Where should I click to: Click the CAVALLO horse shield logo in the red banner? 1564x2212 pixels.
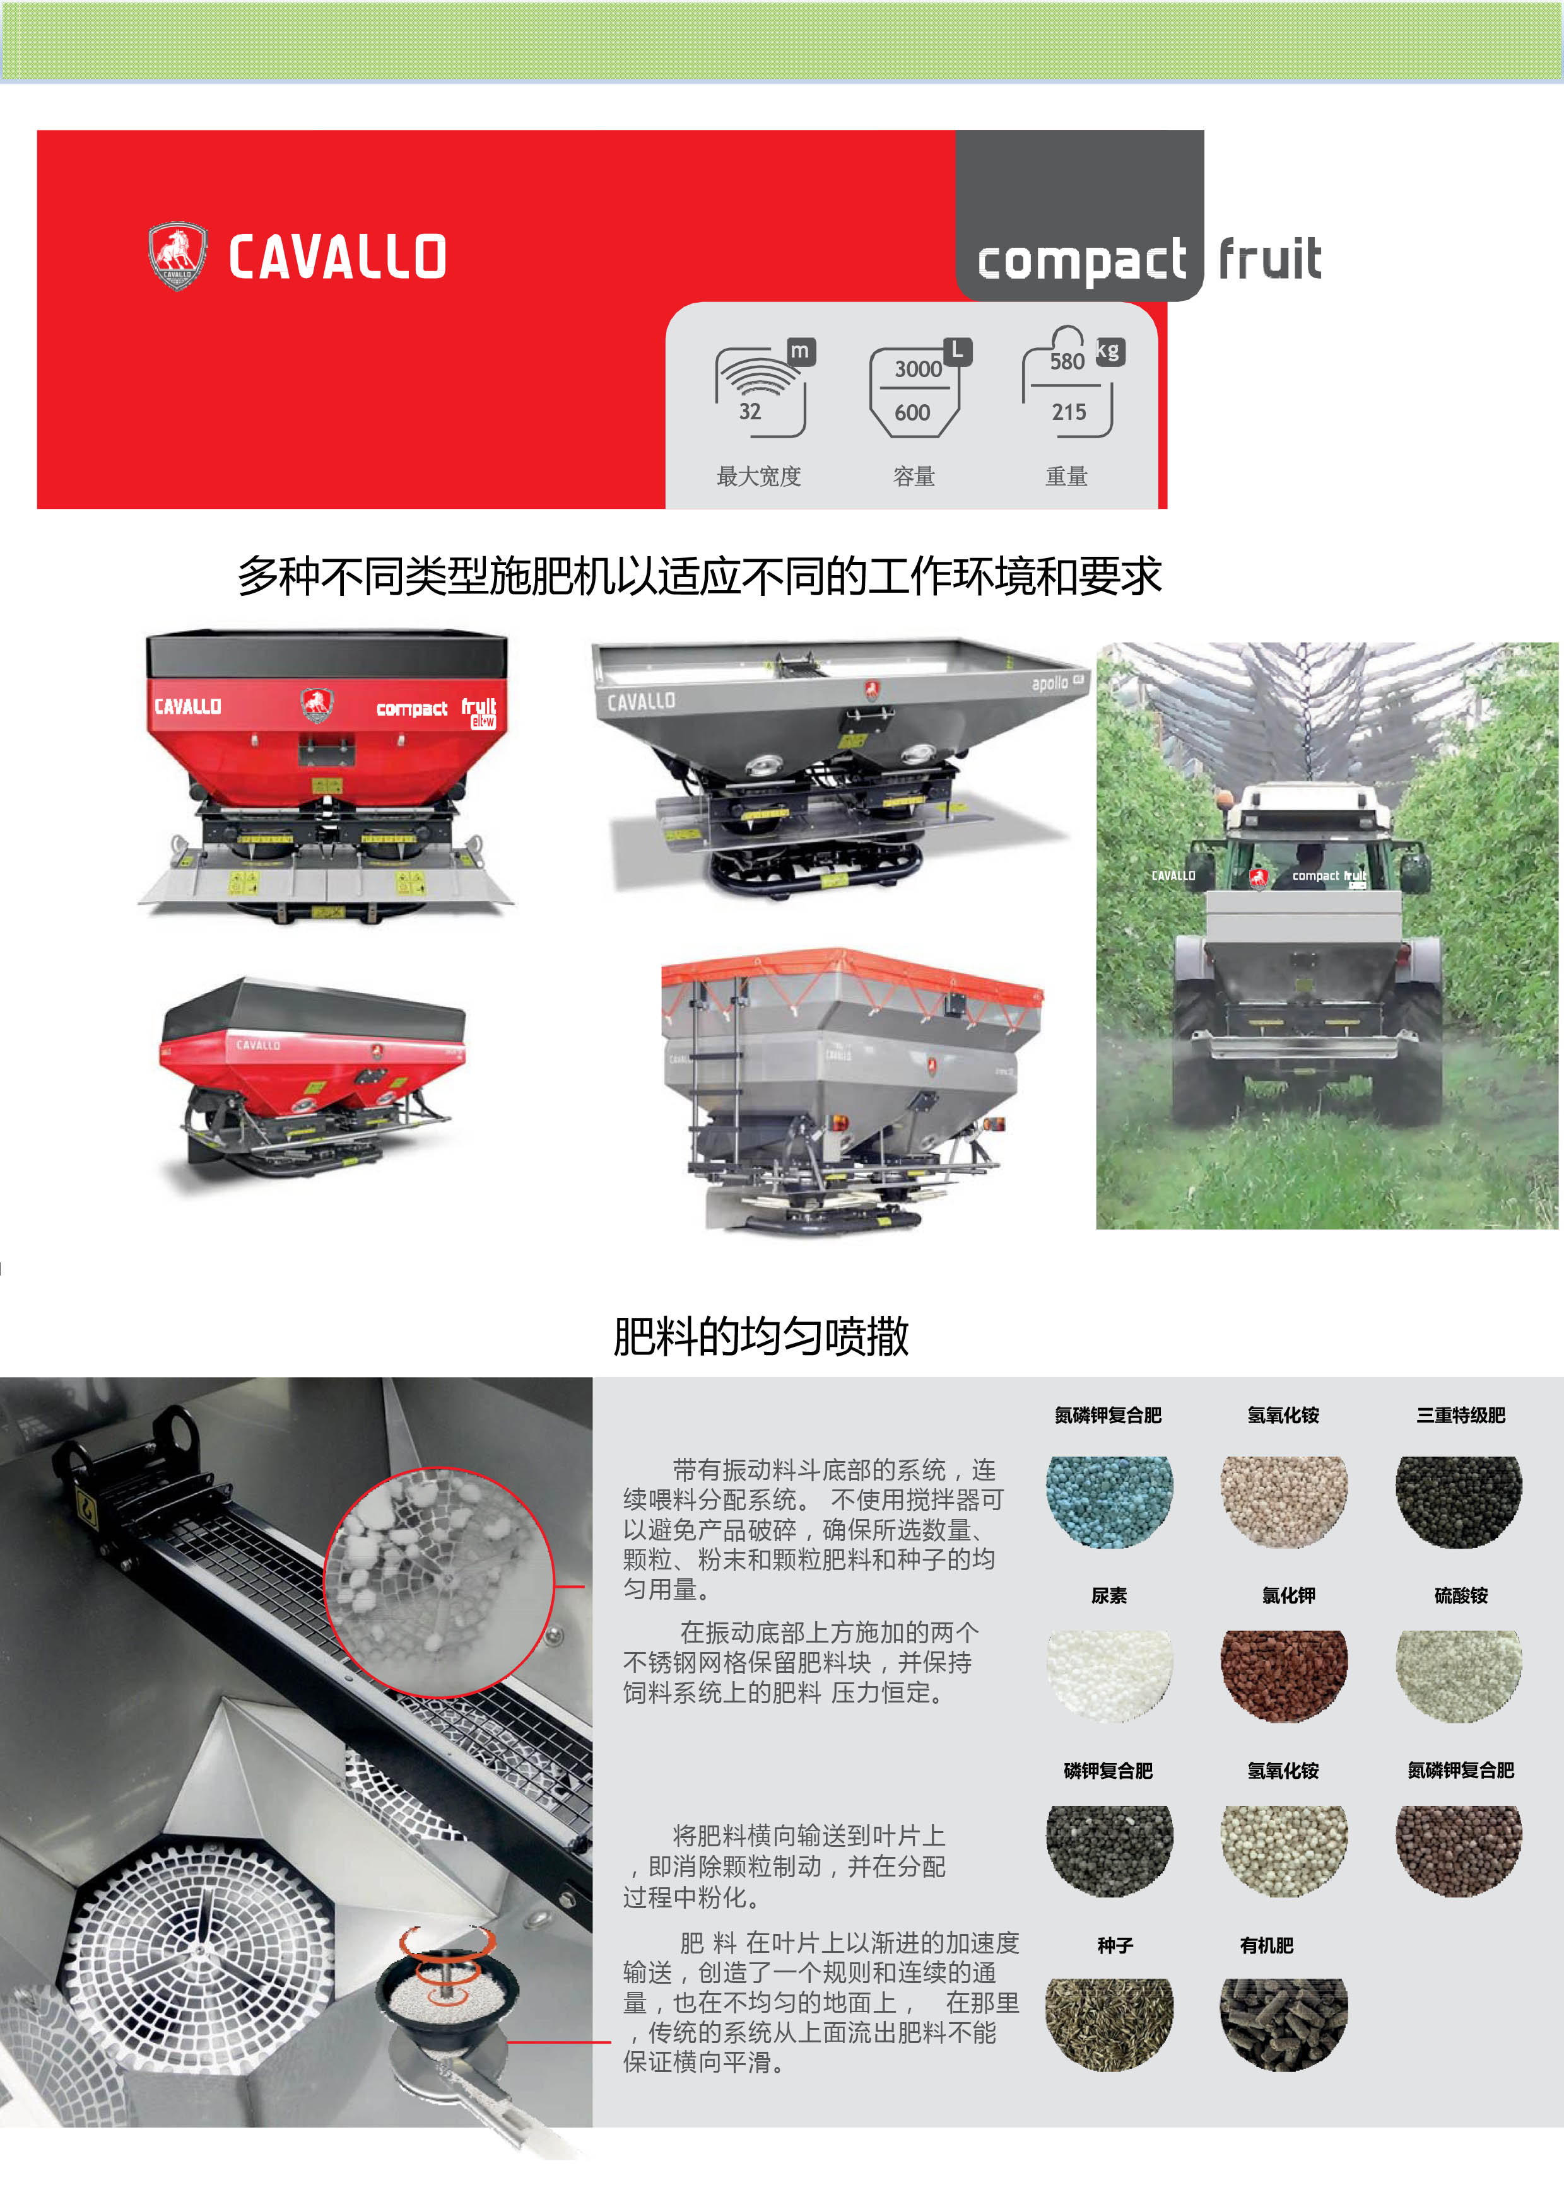(x=177, y=256)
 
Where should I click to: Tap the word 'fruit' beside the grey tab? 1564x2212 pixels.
(x=1270, y=258)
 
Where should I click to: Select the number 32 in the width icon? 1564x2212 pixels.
(x=750, y=411)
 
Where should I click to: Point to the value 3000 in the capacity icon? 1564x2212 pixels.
(x=919, y=369)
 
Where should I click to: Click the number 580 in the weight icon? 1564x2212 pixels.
(x=1067, y=361)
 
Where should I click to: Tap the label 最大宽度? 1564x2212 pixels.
(x=758, y=476)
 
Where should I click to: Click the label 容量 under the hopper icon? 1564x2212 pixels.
(x=914, y=476)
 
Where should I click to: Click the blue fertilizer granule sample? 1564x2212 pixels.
(x=1109, y=1501)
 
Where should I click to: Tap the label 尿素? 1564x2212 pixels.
(x=1108, y=1595)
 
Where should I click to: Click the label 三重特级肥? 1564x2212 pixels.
(x=1460, y=1415)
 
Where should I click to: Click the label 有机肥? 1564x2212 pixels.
(x=1266, y=1946)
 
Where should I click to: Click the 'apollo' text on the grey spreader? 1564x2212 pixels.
(x=1049, y=683)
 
